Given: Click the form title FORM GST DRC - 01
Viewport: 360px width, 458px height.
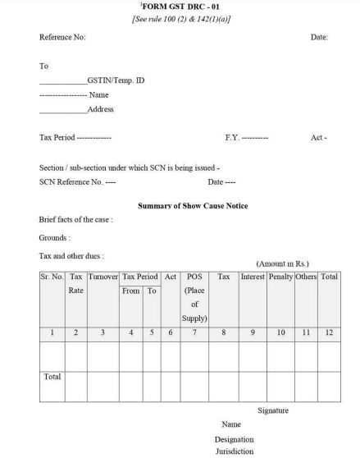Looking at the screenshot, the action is click(x=180, y=7).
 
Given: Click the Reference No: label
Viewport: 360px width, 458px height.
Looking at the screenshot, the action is click(x=62, y=38).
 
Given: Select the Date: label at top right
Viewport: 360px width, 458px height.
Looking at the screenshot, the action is click(x=319, y=38).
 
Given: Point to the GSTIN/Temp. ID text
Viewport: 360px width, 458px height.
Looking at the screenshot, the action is click(x=116, y=80).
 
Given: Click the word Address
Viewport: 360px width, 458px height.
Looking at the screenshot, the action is click(x=100, y=109).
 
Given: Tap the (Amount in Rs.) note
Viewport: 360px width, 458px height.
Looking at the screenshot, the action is click(x=284, y=264).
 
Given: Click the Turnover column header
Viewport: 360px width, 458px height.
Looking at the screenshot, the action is click(x=103, y=277).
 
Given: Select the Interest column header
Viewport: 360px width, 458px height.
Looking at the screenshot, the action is click(x=253, y=277).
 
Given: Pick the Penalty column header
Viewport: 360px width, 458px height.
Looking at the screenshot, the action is click(x=280, y=277).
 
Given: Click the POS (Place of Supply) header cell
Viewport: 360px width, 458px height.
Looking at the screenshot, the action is click(x=195, y=297).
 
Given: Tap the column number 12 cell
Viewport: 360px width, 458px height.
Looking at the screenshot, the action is click(x=329, y=332).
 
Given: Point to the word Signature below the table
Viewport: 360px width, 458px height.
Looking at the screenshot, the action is click(x=273, y=410).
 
